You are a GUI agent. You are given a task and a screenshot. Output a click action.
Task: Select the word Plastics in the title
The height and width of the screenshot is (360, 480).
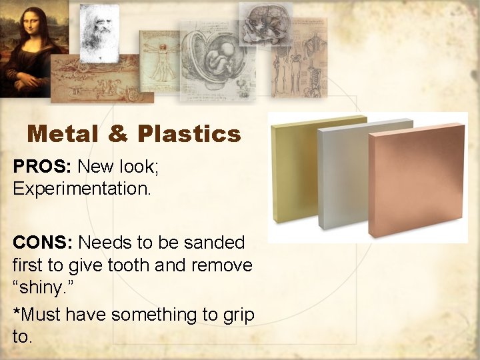[189, 135]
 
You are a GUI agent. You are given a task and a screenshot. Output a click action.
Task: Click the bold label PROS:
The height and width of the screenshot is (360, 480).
[41, 167]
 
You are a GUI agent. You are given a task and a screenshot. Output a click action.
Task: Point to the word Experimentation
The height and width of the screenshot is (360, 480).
[82, 189]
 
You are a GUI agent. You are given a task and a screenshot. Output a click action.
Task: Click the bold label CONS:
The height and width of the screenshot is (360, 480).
[43, 242]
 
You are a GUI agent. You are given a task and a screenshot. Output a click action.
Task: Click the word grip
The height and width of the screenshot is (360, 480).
[235, 314]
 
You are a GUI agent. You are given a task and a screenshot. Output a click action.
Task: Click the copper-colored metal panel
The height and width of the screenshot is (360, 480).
[416, 180]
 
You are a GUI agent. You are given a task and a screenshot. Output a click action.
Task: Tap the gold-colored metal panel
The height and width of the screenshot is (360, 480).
[293, 167]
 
